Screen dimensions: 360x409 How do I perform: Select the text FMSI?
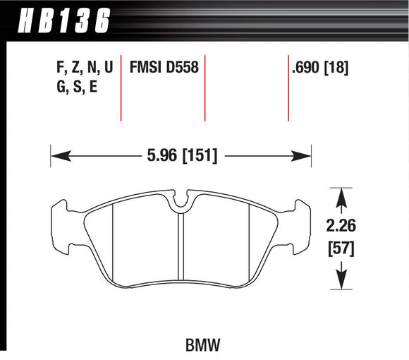[x=145, y=69]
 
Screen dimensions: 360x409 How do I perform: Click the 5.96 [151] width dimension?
[x=181, y=154]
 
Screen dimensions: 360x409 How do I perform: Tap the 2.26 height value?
[x=342, y=227]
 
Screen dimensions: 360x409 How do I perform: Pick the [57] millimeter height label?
[x=342, y=248]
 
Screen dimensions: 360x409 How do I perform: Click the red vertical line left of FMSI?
[x=122, y=88]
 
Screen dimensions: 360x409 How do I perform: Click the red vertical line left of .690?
[x=288, y=88]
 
